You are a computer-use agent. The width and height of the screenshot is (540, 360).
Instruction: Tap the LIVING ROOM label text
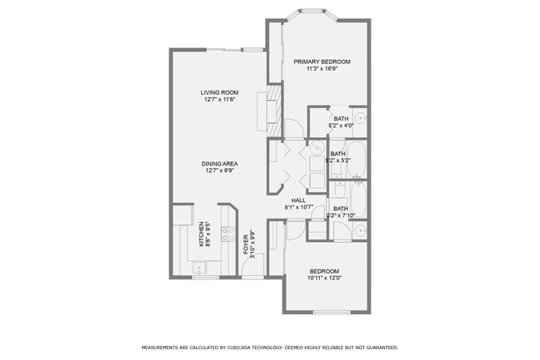(x=219, y=91)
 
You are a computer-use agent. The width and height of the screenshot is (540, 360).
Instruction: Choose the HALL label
(x=297, y=200)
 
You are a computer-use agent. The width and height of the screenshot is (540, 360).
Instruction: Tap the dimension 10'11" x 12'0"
(x=324, y=279)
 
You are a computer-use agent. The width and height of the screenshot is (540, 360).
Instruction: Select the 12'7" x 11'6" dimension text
(x=219, y=99)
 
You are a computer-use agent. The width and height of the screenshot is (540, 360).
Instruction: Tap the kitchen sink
(x=199, y=267)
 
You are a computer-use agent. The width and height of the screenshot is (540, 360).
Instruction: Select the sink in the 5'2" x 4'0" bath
(x=362, y=119)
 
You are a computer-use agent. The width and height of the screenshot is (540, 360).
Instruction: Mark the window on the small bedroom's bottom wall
(x=331, y=313)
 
